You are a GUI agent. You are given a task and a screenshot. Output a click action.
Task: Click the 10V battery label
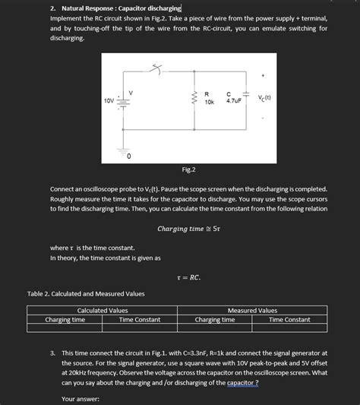(x=109, y=100)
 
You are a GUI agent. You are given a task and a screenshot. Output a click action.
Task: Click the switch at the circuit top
(x=157, y=69)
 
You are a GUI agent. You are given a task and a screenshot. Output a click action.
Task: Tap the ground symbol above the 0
(x=128, y=149)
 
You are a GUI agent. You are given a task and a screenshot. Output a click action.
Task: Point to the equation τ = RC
(x=188, y=277)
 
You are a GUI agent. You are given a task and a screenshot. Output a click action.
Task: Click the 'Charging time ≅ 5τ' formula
(x=188, y=228)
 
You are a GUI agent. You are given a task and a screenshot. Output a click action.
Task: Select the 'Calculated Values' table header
(x=103, y=310)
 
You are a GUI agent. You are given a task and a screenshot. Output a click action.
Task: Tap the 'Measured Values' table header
(x=253, y=310)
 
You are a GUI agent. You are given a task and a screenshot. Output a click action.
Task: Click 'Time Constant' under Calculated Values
(x=140, y=320)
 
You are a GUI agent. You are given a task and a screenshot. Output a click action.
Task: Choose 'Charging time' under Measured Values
(x=215, y=320)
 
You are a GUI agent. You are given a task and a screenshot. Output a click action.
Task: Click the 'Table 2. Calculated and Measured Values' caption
(x=86, y=293)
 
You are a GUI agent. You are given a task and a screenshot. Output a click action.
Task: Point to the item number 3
(x=52, y=353)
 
